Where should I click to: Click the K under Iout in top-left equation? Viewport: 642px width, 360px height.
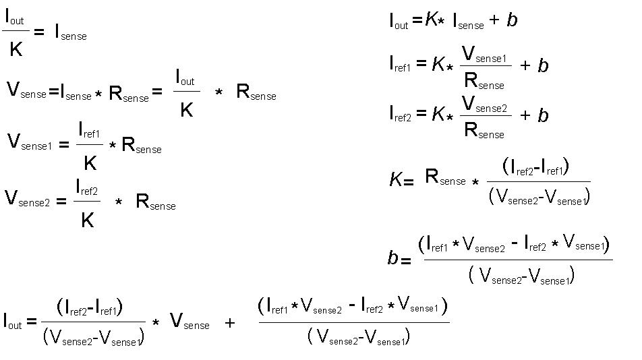click(x=16, y=49)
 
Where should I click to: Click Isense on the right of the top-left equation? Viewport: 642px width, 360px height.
click(x=70, y=32)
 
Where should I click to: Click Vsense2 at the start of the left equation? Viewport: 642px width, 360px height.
click(x=27, y=199)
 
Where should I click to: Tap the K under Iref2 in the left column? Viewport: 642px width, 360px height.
click(x=87, y=220)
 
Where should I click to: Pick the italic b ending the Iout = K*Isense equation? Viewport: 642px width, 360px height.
click(x=512, y=20)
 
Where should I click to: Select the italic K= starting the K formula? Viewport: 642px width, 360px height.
click(x=401, y=180)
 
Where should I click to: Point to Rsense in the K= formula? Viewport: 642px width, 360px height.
click(x=445, y=178)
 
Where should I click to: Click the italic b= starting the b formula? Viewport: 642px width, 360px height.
click(x=399, y=258)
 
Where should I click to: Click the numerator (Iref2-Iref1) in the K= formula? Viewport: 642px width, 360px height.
click(x=536, y=166)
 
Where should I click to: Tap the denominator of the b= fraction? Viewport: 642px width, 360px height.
click(x=520, y=276)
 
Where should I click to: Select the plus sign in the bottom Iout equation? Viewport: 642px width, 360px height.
click(x=230, y=324)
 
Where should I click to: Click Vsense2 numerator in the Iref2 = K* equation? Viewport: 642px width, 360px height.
click(x=484, y=105)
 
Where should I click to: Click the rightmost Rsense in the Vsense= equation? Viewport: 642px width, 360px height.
click(x=256, y=93)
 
